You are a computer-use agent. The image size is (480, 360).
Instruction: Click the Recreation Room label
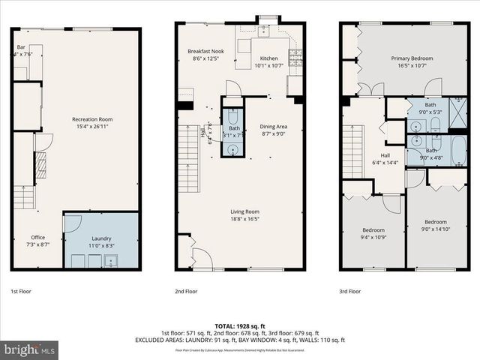(x=91, y=119)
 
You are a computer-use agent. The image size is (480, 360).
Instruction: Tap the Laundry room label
(x=100, y=238)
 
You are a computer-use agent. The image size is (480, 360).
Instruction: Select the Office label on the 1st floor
(x=37, y=238)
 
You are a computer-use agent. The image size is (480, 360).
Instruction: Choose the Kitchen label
(x=268, y=58)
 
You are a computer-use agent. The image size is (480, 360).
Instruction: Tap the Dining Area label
(x=274, y=127)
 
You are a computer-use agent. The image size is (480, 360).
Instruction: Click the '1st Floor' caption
(x=20, y=291)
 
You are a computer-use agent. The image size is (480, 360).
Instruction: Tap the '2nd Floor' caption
(x=186, y=291)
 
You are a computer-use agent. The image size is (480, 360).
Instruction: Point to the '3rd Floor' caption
(x=349, y=291)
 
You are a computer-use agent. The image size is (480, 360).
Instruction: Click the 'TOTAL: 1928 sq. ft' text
(x=240, y=325)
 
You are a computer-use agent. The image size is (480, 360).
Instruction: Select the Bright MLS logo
(x=30, y=349)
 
